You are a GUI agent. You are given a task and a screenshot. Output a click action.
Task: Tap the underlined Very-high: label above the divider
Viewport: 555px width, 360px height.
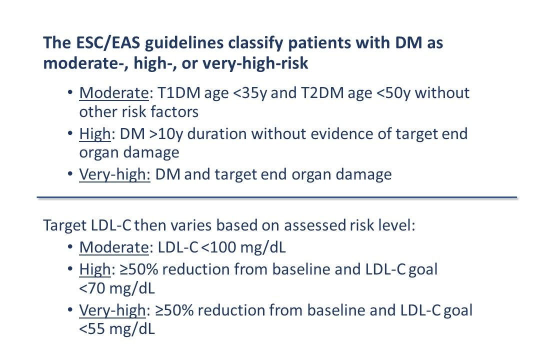pyautogui.click(x=115, y=174)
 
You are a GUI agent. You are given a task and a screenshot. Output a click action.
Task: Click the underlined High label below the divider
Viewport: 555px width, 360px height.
pyautogui.click(x=94, y=269)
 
